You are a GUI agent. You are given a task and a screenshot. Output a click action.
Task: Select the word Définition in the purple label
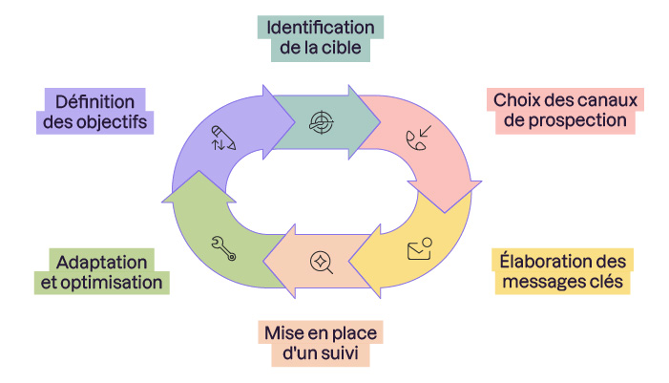[93, 101]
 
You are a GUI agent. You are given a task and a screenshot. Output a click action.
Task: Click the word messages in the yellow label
[533, 283]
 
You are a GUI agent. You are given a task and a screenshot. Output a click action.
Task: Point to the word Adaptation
[102, 262]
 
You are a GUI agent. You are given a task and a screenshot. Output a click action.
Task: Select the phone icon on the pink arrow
[418, 139]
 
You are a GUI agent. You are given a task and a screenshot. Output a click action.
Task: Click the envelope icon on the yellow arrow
[419, 249]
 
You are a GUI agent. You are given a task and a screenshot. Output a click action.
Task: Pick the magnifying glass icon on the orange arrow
[320, 260]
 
